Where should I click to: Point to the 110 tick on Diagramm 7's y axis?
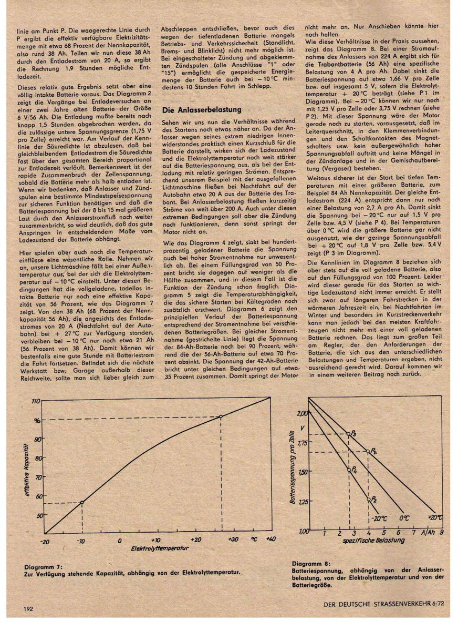(x=36, y=401)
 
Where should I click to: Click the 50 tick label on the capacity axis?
(x=37, y=515)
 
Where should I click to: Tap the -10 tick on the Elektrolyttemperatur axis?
(x=82, y=540)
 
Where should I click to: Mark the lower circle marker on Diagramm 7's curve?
(x=82, y=502)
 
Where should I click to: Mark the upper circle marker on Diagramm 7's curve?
(x=221, y=416)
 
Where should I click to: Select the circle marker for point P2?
(x=368, y=499)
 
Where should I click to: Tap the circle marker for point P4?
(x=349, y=470)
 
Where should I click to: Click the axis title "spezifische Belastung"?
(x=363, y=540)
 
